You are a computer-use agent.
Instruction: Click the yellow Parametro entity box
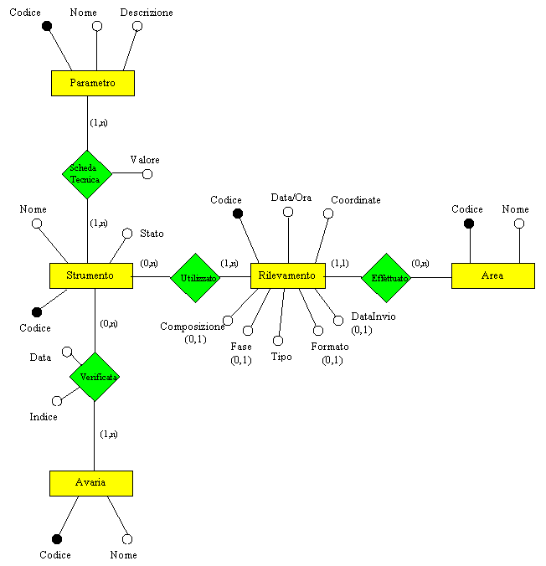click(92, 84)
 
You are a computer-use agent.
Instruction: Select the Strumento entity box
click(90, 275)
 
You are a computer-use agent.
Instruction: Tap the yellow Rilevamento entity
click(287, 275)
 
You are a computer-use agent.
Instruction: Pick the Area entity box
click(492, 275)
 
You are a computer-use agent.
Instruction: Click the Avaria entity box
click(90, 483)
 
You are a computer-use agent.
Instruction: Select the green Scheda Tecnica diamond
click(86, 174)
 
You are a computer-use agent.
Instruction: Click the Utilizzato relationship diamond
click(195, 277)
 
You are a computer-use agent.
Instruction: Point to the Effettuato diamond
click(386, 277)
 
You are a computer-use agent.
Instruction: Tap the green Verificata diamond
click(95, 377)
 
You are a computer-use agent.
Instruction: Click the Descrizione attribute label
click(147, 13)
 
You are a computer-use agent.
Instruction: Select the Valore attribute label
click(145, 159)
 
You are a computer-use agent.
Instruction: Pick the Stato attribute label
click(152, 233)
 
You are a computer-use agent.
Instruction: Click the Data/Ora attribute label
click(291, 198)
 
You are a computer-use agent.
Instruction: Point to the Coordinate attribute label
click(356, 200)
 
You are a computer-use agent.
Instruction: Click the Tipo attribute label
click(282, 356)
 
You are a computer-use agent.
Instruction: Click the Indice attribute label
click(44, 416)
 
